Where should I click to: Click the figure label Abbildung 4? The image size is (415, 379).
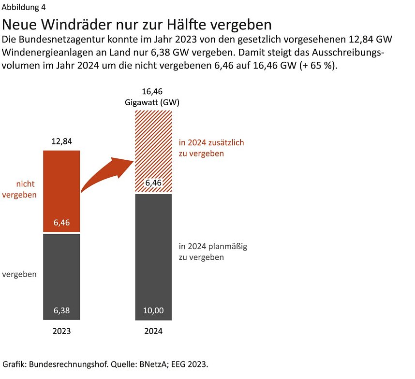point(24,7)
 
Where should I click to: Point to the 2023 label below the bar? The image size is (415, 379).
point(61,332)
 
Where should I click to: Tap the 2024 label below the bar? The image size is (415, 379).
point(153,332)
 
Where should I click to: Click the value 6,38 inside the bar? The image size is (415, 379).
point(61,311)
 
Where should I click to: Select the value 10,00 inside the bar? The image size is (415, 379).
point(153,311)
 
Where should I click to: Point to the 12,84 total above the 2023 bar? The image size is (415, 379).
point(61,141)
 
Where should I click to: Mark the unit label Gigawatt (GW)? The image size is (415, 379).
point(153,102)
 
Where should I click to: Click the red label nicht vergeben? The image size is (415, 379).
point(19,189)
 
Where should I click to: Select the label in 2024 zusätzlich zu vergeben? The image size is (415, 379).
point(211,148)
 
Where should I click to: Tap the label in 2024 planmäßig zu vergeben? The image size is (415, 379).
point(213,252)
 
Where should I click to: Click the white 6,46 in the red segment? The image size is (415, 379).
point(61,223)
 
